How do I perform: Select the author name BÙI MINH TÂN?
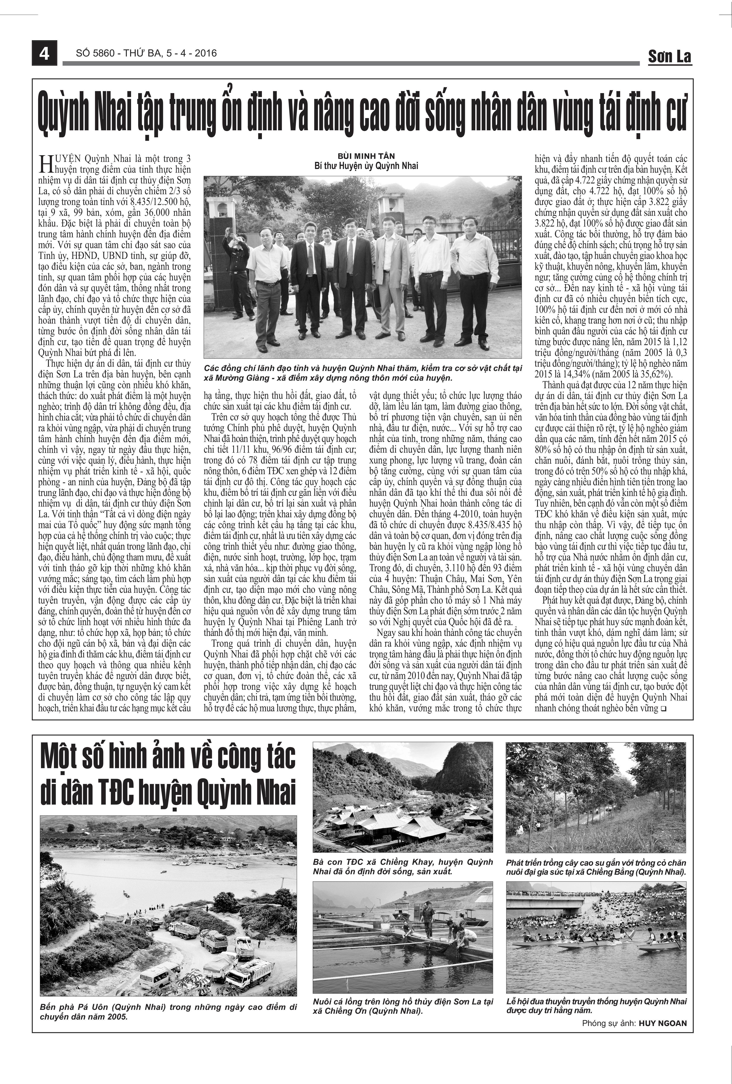point(366,156)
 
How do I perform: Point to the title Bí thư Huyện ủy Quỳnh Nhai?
point(366,166)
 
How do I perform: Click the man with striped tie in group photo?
point(350,275)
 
